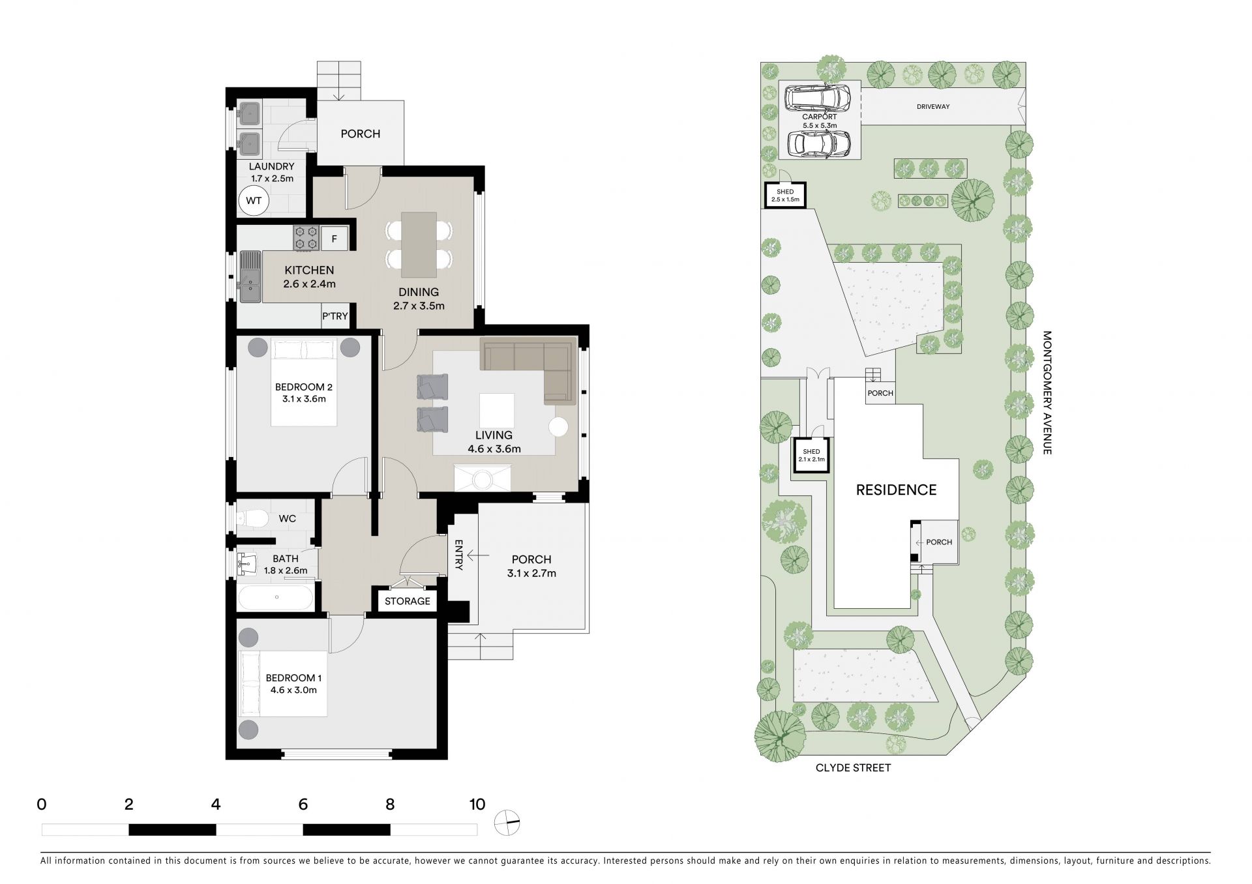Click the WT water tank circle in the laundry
click(254, 201)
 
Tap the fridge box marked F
click(335, 239)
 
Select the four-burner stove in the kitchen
click(306, 239)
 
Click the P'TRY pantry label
click(335, 316)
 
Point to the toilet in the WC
click(252, 519)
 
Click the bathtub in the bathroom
click(276, 597)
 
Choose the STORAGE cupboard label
click(408, 601)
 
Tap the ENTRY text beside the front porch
click(458, 555)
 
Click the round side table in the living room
click(559, 427)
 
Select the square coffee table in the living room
click(496, 410)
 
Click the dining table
click(419, 244)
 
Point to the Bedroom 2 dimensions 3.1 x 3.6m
click(304, 399)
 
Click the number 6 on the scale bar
click(303, 804)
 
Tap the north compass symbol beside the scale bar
click(507, 823)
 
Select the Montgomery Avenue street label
click(1047, 392)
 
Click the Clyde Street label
click(853, 768)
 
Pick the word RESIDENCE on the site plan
click(896, 490)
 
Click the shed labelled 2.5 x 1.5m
click(785, 195)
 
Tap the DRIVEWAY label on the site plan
click(933, 106)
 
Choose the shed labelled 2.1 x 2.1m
click(811, 455)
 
